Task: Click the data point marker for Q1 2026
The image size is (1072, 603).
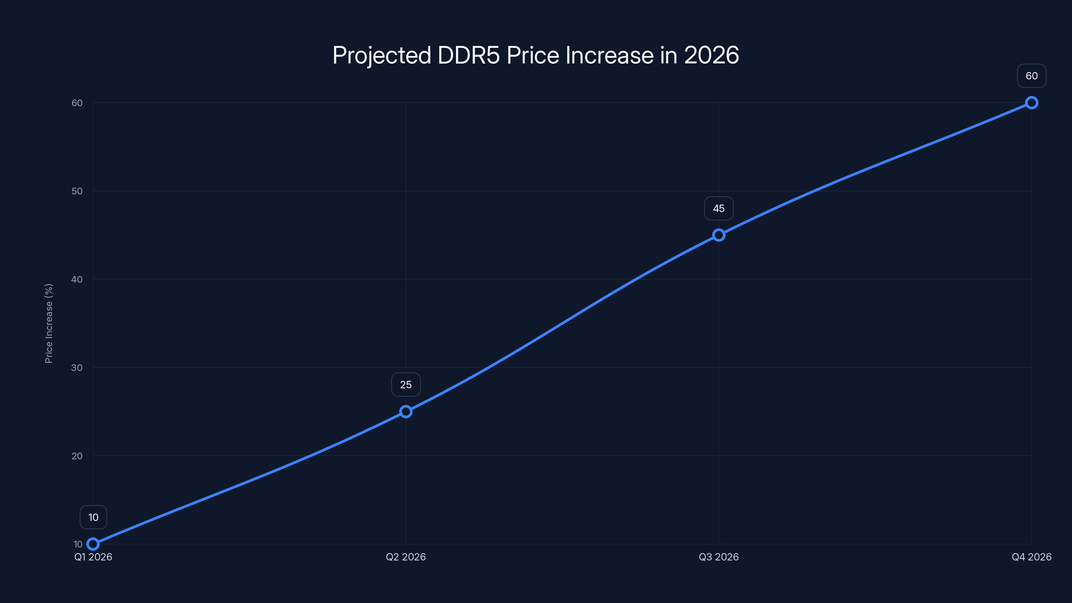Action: pyautogui.click(x=93, y=544)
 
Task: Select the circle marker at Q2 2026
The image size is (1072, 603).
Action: pyautogui.click(x=406, y=412)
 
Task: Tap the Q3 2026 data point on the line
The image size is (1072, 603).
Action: pyautogui.click(x=719, y=235)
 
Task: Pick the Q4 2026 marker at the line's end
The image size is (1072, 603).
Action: pyautogui.click(x=1032, y=103)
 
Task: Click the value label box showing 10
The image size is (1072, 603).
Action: pyautogui.click(x=93, y=517)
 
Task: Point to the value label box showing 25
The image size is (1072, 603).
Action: pyautogui.click(x=406, y=385)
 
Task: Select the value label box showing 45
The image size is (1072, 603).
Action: pyautogui.click(x=719, y=208)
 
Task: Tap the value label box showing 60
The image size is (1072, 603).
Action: pyautogui.click(x=1032, y=76)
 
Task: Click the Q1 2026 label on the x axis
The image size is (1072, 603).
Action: pyautogui.click(x=93, y=557)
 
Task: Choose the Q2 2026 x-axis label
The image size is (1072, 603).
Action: pyautogui.click(x=406, y=557)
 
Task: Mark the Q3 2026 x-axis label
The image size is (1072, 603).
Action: pyautogui.click(x=719, y=557)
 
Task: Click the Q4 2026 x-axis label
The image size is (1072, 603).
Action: pyautogui.click(x=1032, y=557)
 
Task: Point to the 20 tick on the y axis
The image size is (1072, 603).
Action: pyautogui.click(x=77, y=456)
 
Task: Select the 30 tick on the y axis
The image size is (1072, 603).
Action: pyautogui.click(x=77, y=367)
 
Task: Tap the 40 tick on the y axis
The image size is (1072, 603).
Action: pyautogui.click(x=77, y=279)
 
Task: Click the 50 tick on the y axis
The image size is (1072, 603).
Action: pyautogui.click(x=77, y=191)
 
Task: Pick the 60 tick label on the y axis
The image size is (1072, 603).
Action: pyautogui.click(x=77, y=103)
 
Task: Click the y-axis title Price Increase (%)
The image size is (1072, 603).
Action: pyautogui.click(x=49, y=323)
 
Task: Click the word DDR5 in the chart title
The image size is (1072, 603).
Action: pyautogui.click(x=469, y=55)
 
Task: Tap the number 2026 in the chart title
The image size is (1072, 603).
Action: pyautogui.click(x=711, y=55)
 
